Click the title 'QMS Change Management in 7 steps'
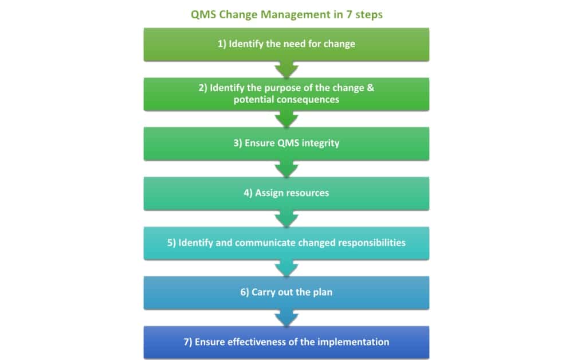[x=286, y=14]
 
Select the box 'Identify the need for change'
[x=286, y=44]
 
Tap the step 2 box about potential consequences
[x=286, y=94]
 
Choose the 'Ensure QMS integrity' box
[x=286, y=143]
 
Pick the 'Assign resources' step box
[x=286, y=193]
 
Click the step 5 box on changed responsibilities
[x=286, y=242]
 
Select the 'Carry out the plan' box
[x=286, y=292]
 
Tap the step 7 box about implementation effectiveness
[x=286, y=342]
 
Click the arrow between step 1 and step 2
[x=286, y=69]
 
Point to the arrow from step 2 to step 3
[x=286, y=119]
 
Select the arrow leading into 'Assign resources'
[x=286, y=169]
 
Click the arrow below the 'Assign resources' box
[x=286, y=218]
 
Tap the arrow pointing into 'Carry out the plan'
[x=286, y=268]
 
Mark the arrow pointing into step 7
[x=286, y=318]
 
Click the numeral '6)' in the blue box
[x=244, y=292]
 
